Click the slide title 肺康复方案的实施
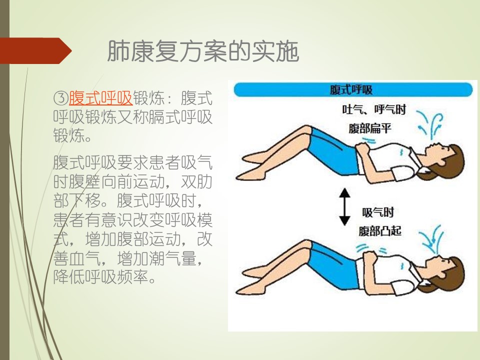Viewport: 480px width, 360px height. (x=203, y=51)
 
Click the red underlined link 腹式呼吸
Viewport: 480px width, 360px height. (x=100, y=98)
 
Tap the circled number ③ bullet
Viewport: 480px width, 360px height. (x=60, y=98)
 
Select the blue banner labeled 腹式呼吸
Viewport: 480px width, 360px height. (x=353, y=90)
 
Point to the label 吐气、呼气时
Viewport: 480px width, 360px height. (x=374, y=109)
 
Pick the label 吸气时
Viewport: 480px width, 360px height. (x=378, y=212)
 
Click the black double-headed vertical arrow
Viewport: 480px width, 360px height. (x=345, y=207)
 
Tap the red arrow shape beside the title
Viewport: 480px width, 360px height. (x=35, y=51)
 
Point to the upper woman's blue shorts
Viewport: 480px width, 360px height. (x=333, y=151)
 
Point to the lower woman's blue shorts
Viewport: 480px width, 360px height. (x=333, y=265)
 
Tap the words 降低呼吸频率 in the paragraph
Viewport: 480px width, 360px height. (x=100, y=277)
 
